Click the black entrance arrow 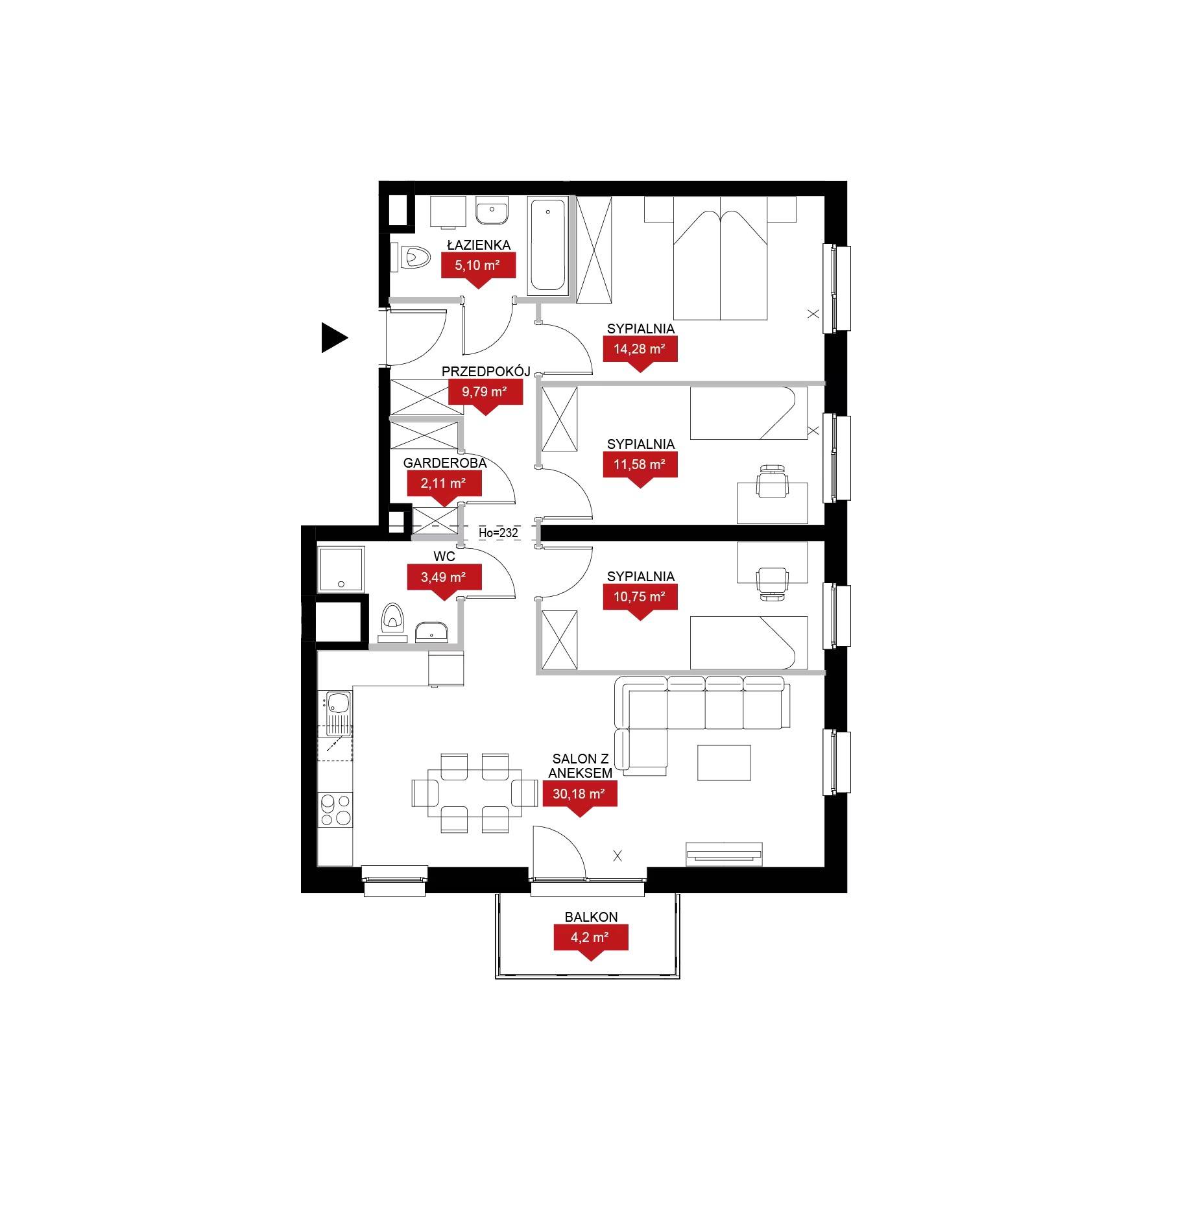point(333,338)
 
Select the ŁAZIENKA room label point(479,245)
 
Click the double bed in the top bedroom point(720,258)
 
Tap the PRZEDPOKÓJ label point(486,371)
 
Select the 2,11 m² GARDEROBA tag point(444,488)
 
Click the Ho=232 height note point(498,533)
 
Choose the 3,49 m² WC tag point(444,582)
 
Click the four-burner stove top point(335,810)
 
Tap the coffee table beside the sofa point(724,762)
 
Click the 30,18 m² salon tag point(579,799)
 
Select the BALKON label point(591,917)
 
